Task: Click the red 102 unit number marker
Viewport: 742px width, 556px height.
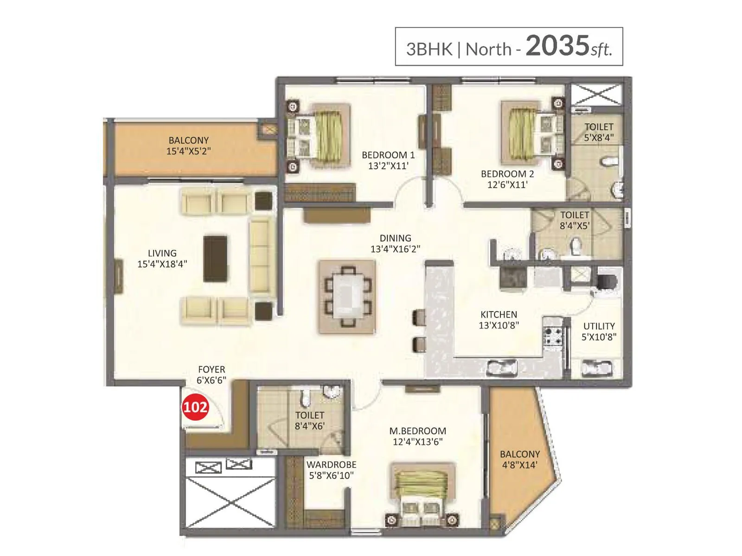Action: (195, 407)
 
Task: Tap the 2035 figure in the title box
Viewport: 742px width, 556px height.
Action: (557, 46)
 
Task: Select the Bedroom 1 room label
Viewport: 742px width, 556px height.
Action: (388, 155)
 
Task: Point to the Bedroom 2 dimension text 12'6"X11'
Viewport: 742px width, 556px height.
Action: (507, 184)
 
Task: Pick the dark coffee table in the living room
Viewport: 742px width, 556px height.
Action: (216, 259)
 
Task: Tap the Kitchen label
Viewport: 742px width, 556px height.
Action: (499, 314)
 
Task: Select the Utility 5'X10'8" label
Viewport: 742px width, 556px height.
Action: (599, 331)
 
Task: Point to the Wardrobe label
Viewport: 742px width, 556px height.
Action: (331, 464)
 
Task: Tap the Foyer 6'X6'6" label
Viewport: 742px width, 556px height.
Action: (211, 374)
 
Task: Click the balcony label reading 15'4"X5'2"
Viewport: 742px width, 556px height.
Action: (188, 151)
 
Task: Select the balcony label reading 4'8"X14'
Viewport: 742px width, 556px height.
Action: (519, 465)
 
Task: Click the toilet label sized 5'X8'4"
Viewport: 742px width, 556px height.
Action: (599, 132)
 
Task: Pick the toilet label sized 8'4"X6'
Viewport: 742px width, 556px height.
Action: (310, 420)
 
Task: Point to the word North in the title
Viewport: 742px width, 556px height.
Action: (488, 49)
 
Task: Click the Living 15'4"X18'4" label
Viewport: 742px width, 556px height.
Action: (162, 259)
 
